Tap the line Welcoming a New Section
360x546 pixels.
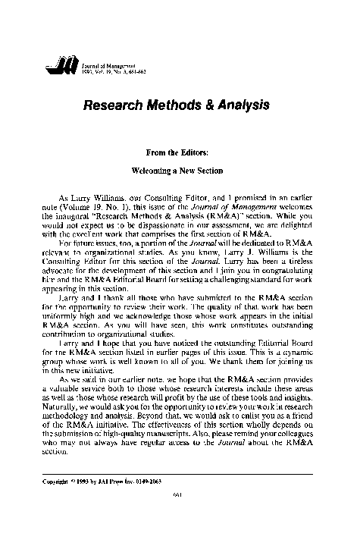[180, 172]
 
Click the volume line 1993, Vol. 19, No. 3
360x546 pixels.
[105, 73]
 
